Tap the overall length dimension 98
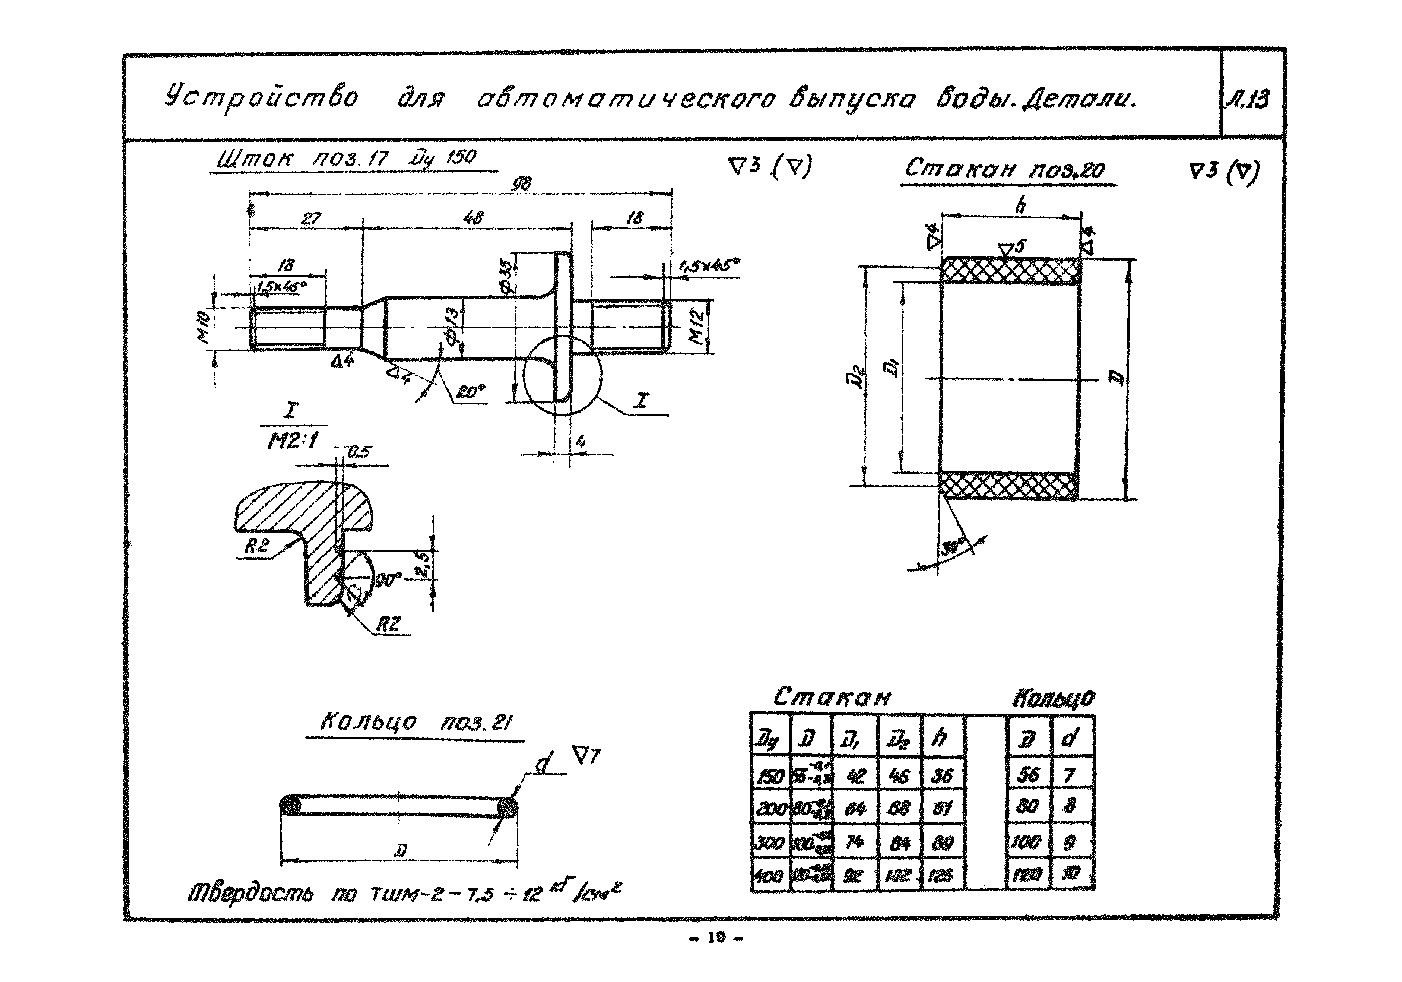click(x=522, y=183)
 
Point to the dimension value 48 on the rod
click(x=473, y=217)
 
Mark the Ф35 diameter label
click(x=506, y=278)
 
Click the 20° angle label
click(x=469, y=391)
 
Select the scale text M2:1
click(x=293, y=440)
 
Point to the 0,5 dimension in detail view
click(x=359, y=452)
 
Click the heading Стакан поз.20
click(x=1004, y=168)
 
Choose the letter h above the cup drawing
click(x=1020, y=206)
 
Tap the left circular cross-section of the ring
click(x=290, y=806)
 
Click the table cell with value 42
click(x=855, y=775)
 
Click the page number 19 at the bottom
click(x=716, y=938)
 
